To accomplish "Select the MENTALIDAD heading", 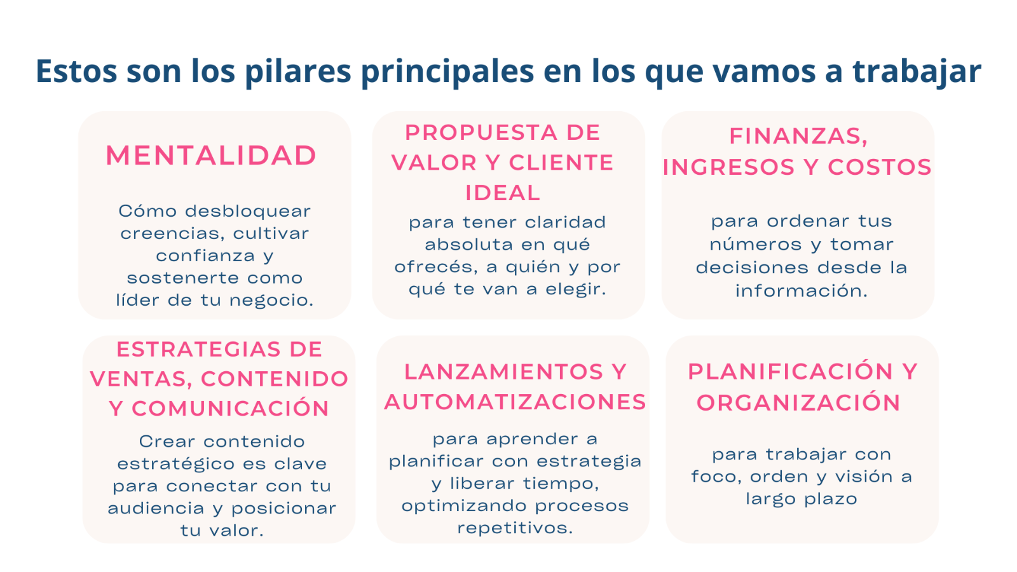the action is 211,155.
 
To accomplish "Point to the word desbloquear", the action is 248,211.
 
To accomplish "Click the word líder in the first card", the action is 138,300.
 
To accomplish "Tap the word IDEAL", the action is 503,193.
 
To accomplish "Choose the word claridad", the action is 565,222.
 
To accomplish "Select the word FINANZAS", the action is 798,136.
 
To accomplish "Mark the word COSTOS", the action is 880,167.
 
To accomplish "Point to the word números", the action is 756,245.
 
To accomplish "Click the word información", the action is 802,291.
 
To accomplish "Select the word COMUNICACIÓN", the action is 230,409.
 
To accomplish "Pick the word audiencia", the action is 156,508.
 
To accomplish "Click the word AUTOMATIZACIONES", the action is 515,402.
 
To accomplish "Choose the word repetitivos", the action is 515,528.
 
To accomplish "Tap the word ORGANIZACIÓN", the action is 798,403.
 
